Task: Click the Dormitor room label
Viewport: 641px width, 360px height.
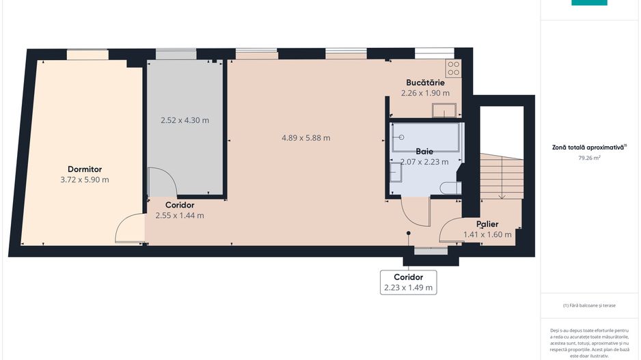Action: tap(84, 169)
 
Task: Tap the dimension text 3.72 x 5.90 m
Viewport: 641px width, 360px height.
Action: tap(84, 180)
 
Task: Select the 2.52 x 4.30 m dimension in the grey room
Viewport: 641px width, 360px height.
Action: tap(185, 120)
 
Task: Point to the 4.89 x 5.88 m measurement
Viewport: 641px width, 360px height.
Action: tap(305, 138)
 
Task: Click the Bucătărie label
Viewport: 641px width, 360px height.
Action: tap(425, 82)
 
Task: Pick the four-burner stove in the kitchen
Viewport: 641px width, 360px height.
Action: tap(453, 68)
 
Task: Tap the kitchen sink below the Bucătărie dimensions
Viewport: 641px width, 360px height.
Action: tap(444, 110)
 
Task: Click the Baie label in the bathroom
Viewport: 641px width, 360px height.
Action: tap(425, 151)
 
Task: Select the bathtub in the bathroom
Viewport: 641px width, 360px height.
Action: tap(426, 137)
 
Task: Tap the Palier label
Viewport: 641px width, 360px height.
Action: tap(487, 224)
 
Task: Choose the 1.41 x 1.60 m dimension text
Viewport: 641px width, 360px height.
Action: tap(487, 235)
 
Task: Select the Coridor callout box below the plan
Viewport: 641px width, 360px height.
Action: tap(408, 282)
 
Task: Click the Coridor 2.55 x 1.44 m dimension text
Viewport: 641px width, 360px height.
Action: tap(179, 215)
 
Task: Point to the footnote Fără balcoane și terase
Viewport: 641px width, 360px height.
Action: tap(589, 305)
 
